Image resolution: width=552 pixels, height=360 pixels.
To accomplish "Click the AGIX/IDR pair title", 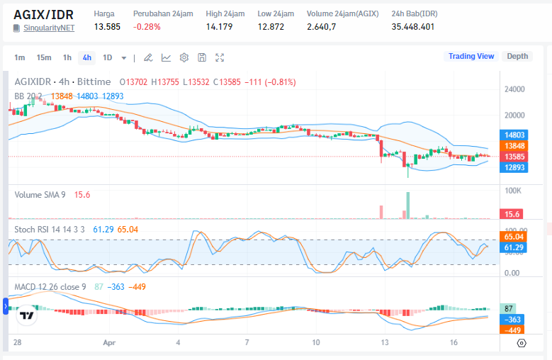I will tap(43, 14).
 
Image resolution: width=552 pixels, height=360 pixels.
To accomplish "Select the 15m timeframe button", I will tap(44, 57).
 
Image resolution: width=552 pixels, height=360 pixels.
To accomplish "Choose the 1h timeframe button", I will tap(67, 57).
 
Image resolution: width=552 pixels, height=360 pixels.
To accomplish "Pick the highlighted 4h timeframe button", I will tap(86, 57).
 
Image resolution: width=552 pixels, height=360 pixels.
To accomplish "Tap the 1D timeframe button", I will tap(107, 57).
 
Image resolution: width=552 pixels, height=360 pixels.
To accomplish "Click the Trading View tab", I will tap(471, 57).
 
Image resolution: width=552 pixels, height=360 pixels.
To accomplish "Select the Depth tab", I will tap(517, 57).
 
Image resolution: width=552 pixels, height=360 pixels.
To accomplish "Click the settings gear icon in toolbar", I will tap(184, 57).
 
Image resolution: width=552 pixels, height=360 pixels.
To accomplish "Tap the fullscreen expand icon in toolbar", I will tap(220, 57).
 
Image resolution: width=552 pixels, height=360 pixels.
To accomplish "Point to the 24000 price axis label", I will tap(514, 89).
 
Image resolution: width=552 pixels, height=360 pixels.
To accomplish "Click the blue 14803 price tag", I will tap(514, 134).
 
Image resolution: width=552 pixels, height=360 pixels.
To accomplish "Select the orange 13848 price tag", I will tap(514, 145).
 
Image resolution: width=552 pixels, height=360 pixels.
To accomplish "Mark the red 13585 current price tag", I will tap(514, 157).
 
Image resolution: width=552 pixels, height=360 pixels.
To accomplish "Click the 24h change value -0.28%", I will tap(147, 27).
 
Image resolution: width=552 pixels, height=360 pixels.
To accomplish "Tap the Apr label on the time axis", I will tap(109, 342).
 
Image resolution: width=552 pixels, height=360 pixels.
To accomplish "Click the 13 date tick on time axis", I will tap(385, 342).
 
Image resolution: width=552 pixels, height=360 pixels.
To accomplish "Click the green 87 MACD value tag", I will tap(509, 309).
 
